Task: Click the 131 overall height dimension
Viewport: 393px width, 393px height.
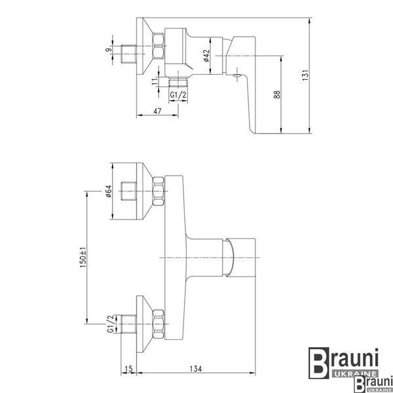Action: coord(305,75)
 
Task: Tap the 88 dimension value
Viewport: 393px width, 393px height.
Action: coord(276,94)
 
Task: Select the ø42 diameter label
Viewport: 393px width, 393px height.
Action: coord(206,56)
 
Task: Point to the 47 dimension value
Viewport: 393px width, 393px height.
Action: coord(157,111)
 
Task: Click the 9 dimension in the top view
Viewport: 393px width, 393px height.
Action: coord(108,50)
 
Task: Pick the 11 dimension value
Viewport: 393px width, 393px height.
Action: coord(155,81)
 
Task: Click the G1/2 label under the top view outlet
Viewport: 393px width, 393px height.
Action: coord(178,95)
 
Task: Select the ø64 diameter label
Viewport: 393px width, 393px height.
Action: coord(108,191)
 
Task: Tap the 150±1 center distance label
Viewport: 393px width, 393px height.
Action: coord(83,257)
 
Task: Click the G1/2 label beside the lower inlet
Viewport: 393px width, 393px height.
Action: coord(111,324)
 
